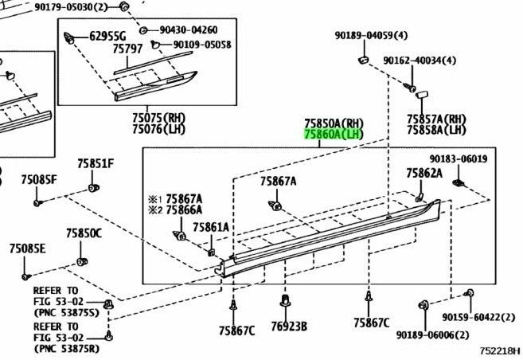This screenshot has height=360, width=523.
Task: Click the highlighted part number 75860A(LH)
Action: pos(334,134)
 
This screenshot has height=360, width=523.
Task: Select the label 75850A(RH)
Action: pos(334,123)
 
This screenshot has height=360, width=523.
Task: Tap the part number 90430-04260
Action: pos(189,30)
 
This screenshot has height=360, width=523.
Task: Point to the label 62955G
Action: pos(107,36)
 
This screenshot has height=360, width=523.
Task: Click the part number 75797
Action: pos(127,49)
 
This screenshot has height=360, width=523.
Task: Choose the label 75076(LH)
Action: pos(158,129)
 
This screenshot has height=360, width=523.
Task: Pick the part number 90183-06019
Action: pos(459,158)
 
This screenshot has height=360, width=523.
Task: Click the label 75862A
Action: pos(424,173)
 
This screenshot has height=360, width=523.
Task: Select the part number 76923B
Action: pos(289,327)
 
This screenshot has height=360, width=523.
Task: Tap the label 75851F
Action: pos(96,163)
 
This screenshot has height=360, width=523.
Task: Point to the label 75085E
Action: pos(27,248)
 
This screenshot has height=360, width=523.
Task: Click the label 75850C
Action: pos(84,233)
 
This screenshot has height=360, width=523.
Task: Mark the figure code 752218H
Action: pos(500,351)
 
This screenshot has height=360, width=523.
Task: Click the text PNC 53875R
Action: pos(67,349)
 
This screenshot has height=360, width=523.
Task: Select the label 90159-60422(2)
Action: pos(478,317)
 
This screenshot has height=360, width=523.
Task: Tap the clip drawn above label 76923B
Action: pos(285,300)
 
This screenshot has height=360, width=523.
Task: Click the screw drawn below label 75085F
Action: pos(37,202)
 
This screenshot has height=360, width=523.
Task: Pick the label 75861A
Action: pos(211,227)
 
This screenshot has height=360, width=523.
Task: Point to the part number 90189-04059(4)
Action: pos(371,35)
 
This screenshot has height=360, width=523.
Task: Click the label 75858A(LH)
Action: pos(436,130)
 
